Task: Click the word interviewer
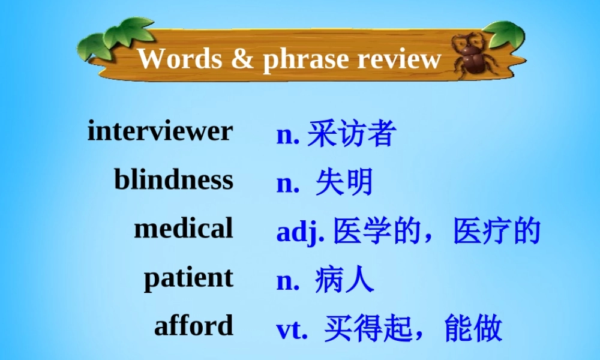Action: [160, 131]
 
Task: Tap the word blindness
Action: [173, 179]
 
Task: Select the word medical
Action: [183, 229]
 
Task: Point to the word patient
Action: [188, 278]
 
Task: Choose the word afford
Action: [193, 326]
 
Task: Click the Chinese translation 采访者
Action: [351, 134]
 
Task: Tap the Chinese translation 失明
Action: [344, 182]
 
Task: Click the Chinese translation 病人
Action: [344, 280]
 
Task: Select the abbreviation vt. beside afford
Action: [292, 329]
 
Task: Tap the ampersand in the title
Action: [241, 59]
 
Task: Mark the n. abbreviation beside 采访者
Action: [287, 135]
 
